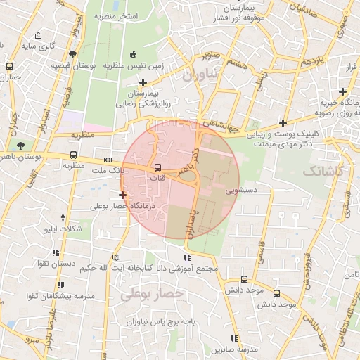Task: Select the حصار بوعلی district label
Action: click(152, 295)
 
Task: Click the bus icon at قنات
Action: click(157, 168)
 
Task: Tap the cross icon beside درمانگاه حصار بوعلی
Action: click(123, 195)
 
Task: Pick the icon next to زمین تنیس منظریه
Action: click(134, 54)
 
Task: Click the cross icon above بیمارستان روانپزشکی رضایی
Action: click(143, 82)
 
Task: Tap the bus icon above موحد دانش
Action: click(244, 279)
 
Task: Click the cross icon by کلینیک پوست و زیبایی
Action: click(283, 122)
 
